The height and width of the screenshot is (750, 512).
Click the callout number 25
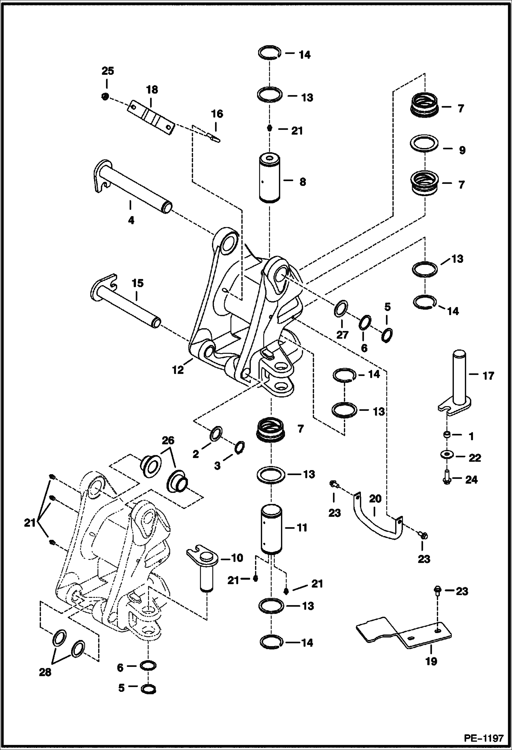tap(107, 71)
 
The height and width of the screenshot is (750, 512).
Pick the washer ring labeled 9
tap(424, 143)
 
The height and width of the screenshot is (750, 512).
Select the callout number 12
tap(178, 370)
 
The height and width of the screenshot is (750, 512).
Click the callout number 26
tap(168, 440)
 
